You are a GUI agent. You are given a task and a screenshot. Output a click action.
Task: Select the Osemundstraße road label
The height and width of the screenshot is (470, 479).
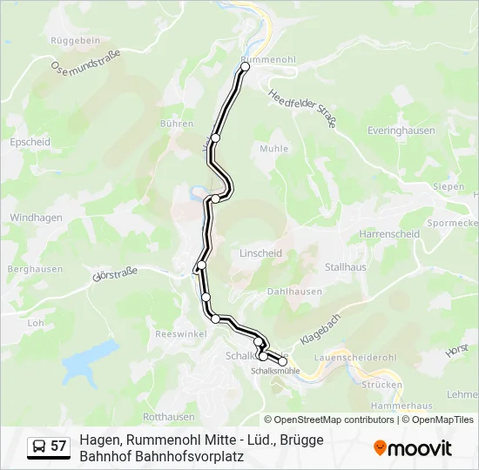tap(85, 62)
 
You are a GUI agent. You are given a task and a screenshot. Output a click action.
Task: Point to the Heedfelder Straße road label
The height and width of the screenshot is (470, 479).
tap(301, 110)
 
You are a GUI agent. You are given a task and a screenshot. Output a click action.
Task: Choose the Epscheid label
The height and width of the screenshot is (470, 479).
tap(29, 142)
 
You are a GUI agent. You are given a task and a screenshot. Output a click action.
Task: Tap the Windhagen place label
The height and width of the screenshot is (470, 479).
tap(35, 218)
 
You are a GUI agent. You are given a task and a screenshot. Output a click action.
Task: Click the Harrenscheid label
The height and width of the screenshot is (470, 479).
tap(389, 234)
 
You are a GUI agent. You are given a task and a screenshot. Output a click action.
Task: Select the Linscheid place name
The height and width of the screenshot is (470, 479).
tap(260, 253)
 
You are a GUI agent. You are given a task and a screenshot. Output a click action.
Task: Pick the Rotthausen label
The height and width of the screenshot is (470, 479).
tap(168, 417)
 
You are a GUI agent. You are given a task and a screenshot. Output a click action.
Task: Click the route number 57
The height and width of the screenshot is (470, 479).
tap(58, 446)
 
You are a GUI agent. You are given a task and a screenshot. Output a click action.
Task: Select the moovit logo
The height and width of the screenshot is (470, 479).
tap(413, 448)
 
